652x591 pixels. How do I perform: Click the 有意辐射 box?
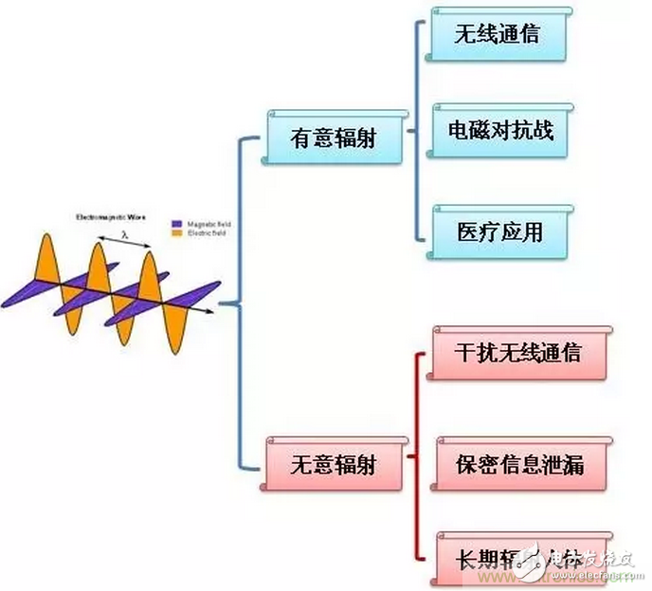click(x=333, y=138)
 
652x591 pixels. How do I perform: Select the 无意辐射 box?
click(x=333, y=464)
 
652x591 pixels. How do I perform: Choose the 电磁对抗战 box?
click(x=500, y=130)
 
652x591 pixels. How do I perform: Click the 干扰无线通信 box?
click(x=517, y=353)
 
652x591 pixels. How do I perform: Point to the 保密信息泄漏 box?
click(x=517, y=465)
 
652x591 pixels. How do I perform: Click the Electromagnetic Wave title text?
click(x=111, y=217)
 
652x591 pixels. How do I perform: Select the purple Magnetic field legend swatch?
click(x=175, y=224)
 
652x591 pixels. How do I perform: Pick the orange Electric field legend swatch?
click(x=175, y=232)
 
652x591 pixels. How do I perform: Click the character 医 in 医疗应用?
click(x=468, y=231)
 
